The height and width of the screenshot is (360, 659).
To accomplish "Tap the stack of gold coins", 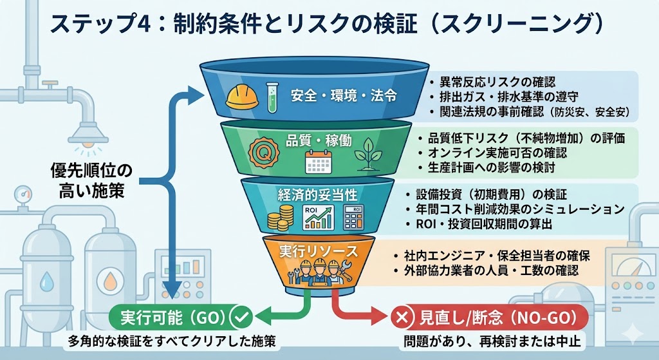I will (x=281, y=220).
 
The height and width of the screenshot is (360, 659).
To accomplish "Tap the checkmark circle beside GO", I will (x=239, y=317).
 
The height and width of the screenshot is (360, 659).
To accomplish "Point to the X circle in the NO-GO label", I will (x=402, y=317).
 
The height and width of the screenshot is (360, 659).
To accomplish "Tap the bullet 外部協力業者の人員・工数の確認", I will (x=493, y=271).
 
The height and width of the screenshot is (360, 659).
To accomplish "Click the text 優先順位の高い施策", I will (x=91, y=180).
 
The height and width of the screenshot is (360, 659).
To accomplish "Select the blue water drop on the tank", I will (x=48, y=282).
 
